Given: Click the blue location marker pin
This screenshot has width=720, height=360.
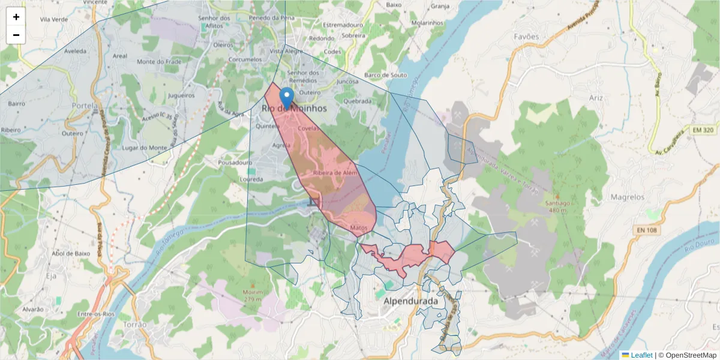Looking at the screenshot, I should coord(287,97).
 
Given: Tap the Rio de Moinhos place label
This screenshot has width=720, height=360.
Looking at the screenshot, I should coord(294,109).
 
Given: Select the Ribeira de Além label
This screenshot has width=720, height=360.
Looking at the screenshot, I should coord(335,173).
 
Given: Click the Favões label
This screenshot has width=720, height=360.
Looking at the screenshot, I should coord(526,37).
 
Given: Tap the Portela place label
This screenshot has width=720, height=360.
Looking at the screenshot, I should coord(84,106).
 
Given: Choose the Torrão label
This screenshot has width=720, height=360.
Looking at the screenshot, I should coord(134,324).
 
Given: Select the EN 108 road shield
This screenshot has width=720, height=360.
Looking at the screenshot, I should coord(646,230).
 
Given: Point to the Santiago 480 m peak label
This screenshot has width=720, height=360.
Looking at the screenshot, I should coord(557,206).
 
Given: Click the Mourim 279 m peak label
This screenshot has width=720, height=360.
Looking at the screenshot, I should coord(252,295).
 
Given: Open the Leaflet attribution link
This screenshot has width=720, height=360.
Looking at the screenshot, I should coord(641,355).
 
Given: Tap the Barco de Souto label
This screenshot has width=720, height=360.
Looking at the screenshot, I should coord(385,75).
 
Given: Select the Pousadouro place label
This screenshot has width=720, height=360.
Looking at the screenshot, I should coord(235,163).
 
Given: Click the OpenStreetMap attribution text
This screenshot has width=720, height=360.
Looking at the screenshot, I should coord(691,355).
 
